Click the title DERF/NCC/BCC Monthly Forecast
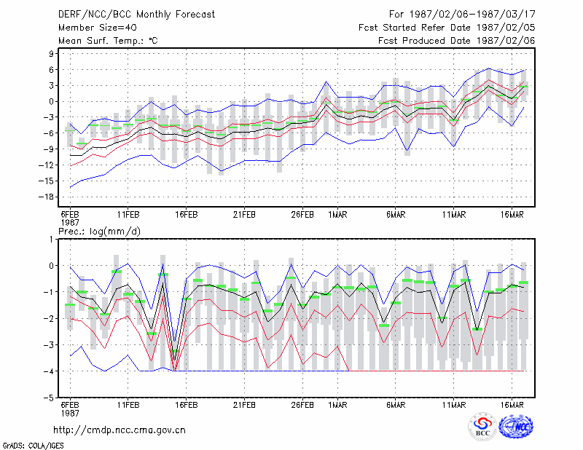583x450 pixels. (136, 15)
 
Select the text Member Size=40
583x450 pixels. (98, 28)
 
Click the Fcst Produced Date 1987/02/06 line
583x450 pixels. (457, 41)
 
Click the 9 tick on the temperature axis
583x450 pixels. (51, 53)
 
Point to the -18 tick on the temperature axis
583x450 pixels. (46, 197)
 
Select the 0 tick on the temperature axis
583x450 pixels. (51, 101)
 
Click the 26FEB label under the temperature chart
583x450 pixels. (302, 215)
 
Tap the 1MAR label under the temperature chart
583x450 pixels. (337, 215)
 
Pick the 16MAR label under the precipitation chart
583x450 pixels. (512, 405)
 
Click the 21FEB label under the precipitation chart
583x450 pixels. (244, 405)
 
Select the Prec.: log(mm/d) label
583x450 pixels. (99, 232)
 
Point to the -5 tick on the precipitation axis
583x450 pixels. (49, 398)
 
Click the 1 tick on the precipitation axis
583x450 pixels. (51, 240)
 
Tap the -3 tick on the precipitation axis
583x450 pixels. (49, 345)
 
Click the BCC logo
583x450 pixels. (482, 427)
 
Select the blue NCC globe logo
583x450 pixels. (516, 427)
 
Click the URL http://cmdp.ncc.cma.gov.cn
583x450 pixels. (120, 430)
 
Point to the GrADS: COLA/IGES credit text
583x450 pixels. (33, 446)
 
